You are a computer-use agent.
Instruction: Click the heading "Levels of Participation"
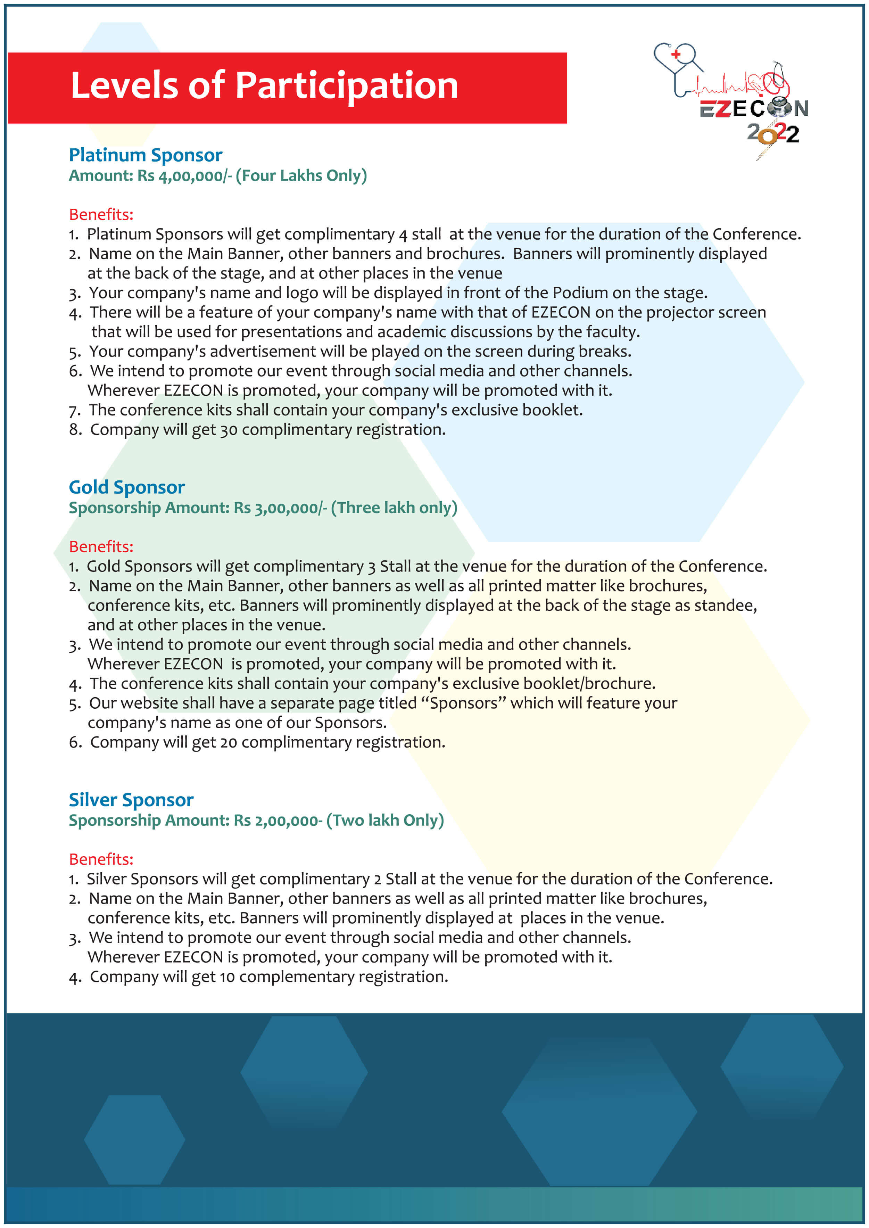point(264,85)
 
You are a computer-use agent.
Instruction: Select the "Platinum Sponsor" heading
point(145,155)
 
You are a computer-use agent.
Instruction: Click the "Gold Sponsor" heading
point(126,487)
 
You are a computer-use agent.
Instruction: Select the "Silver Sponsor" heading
point(131,800)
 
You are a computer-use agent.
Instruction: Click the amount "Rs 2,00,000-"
point(278,820)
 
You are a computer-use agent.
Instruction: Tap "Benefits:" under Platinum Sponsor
point(101,215)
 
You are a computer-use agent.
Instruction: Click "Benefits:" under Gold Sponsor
point(101,547)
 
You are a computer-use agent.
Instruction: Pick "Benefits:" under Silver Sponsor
point(101,859)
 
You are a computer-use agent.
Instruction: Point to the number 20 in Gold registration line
point(228,743)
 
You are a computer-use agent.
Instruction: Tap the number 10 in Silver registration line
point(227,977)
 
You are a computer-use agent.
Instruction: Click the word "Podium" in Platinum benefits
point(580,293)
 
